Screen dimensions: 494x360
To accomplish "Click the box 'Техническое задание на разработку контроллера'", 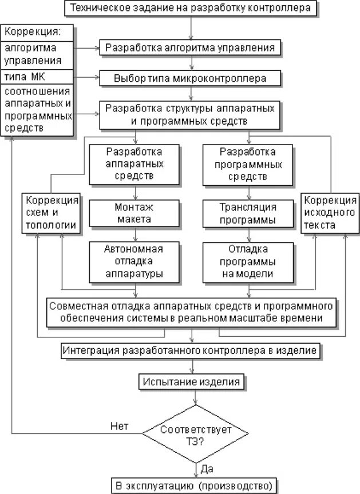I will click(x=190, y=9).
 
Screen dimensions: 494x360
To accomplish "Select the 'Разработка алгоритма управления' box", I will click(x=191, y=47).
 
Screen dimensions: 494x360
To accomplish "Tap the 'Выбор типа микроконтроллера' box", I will click(x=191, y=77).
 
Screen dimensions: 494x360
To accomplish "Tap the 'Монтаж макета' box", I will click(x=134, y=213).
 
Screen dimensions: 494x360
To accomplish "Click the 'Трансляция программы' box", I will click(x=248, y=213).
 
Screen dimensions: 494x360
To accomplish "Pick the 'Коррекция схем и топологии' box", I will click(x=50, y=213).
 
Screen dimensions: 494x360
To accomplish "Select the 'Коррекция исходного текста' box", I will click(x=330, y=213).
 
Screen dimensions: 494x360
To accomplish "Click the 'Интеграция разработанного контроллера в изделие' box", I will click(x=190, y=350).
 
